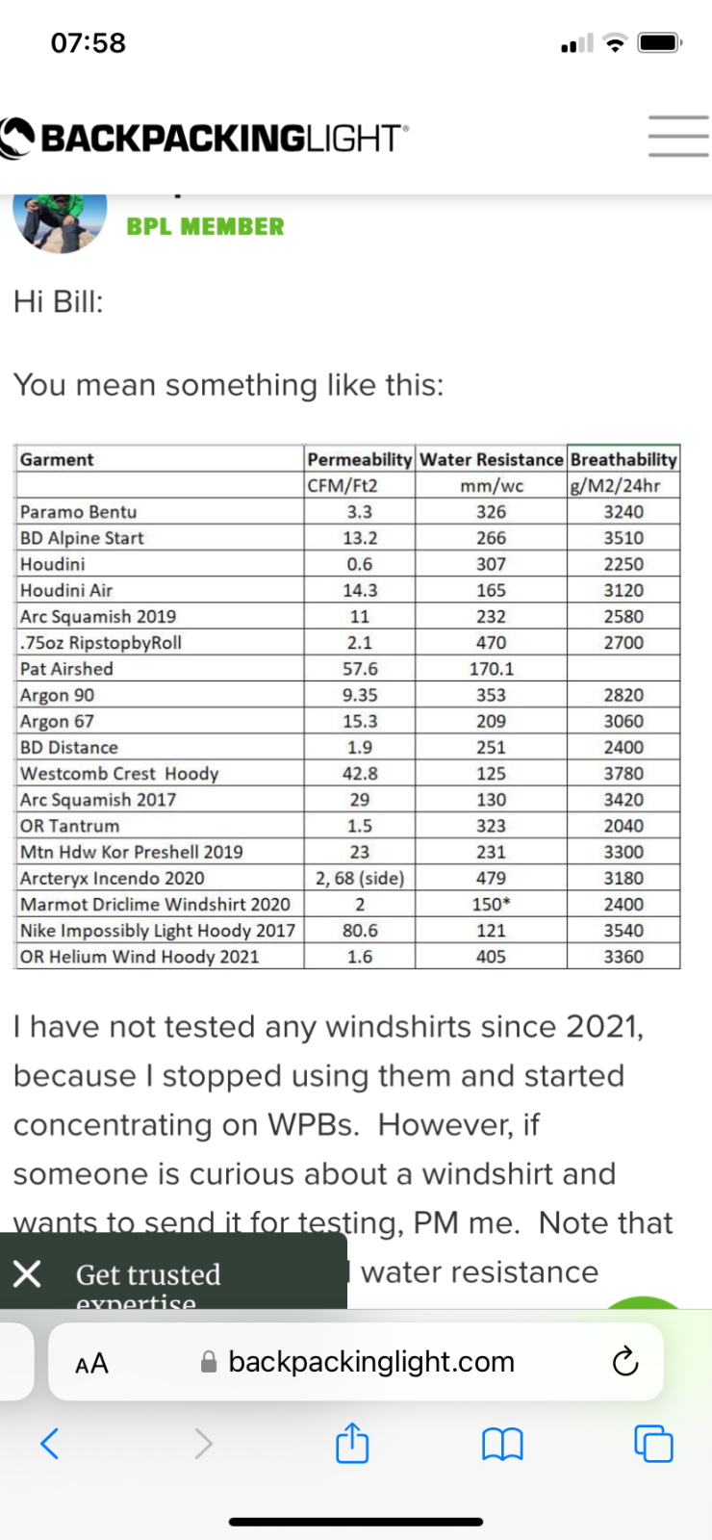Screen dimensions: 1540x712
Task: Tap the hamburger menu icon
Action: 677,136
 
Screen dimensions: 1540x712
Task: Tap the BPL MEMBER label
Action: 205,226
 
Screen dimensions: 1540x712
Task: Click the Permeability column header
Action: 359,459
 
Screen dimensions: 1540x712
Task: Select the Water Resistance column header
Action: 491,459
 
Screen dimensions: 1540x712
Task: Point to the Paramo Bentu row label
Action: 79,512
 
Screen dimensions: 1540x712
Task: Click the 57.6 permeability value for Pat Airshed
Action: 360,669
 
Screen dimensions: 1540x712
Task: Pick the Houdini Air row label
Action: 66,590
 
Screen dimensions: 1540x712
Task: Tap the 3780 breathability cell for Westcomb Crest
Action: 623,774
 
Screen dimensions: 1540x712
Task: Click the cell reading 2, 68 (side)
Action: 360,878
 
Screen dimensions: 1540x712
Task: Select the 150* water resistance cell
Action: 491,905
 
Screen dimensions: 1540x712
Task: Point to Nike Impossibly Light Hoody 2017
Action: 158,931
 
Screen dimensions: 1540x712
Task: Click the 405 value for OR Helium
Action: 491,957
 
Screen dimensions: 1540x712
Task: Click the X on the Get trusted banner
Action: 27,1274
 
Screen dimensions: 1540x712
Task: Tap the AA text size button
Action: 91,1363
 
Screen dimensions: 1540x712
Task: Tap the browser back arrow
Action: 50,1443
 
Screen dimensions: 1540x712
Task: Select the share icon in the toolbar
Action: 352,1443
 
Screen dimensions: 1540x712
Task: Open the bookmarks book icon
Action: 501,1444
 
